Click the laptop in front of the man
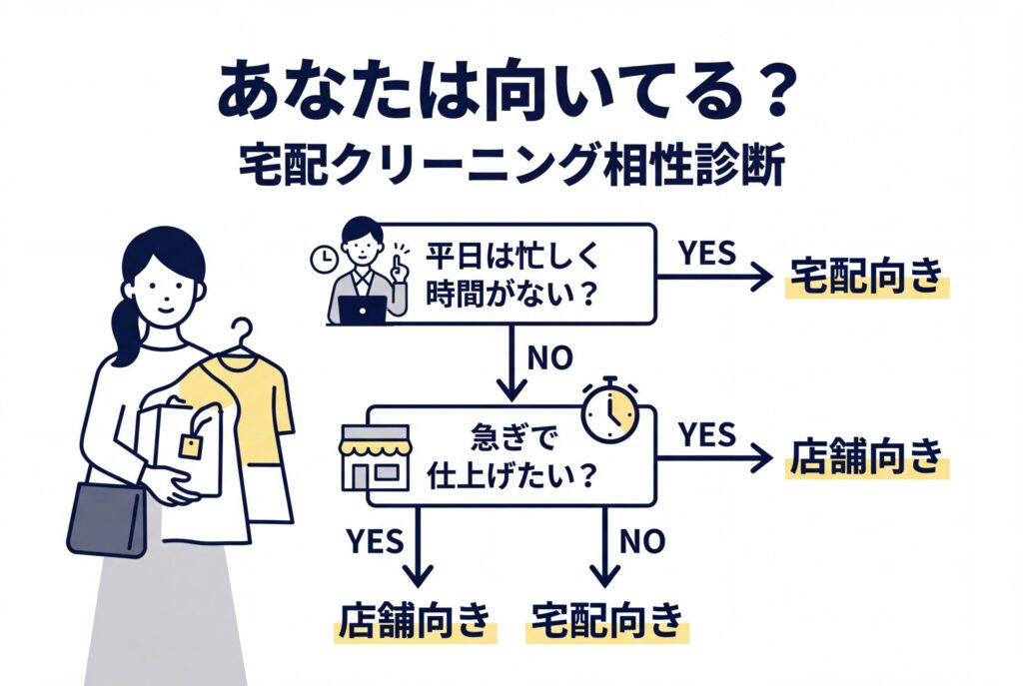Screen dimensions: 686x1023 (x=361, y=309)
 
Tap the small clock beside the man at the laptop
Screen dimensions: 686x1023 (x=323, y=259)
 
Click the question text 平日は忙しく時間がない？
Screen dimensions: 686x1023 (x=511, y=273)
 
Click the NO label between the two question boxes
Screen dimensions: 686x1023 (x=545, y=357)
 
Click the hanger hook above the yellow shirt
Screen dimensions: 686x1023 (x=240, y=335)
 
